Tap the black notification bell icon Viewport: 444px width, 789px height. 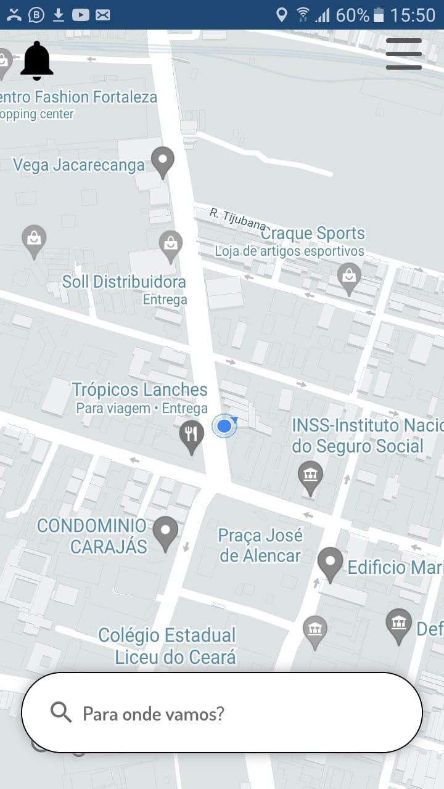click(x=37, y=60)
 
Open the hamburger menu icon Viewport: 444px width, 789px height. click(x=404, y=54)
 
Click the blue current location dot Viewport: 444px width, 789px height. click(x=224, y=426)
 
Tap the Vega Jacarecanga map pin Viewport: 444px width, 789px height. click(x=163, y=161)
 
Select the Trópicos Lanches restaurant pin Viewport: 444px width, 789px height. click(x=192, y=436)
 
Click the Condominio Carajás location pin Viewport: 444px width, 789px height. click(x=165, y=533)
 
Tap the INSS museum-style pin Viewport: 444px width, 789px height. click(x=310, y=477)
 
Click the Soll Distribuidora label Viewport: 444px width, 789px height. click(x=124, y=282)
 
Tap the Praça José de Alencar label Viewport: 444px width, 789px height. click(x=260, y=546)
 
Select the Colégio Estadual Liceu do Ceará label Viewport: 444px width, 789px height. click(x=167, y=645)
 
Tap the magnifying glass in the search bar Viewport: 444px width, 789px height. click(x=61, y=713)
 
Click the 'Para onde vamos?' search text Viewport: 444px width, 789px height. click(x=154, y=714)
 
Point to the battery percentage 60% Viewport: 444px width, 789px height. click(x=352, y=15)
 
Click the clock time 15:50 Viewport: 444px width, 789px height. click(x=413, y=15)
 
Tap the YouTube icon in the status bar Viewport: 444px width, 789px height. click(x=81, y=15)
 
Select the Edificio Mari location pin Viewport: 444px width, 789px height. click(x=330, y=563)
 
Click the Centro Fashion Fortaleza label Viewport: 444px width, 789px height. click(x=78, y=97)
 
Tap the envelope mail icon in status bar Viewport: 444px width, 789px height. click(x=103, y=15)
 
